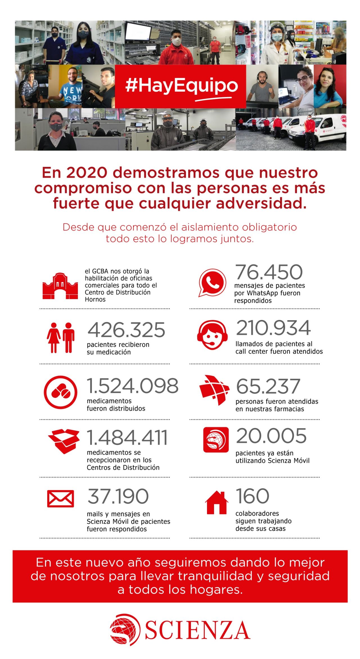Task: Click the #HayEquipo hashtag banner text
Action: [x=181, y=86]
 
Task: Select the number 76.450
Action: [x=269, y=272]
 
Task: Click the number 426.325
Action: [x=126, y=330]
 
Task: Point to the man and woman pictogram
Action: [x=60, y=337]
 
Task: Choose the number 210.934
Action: [x=273, y=328]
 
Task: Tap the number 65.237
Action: [x=268, y=386]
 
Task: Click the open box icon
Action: [x=64, y=441]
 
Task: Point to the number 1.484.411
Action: [x=127, y=438]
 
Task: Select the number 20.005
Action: [x=271, y=436]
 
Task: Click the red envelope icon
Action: [x=60, y=498]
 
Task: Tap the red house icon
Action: [x=217, y=502]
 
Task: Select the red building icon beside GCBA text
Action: [x=60, y=286]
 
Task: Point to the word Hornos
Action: [x=95, y=299]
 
